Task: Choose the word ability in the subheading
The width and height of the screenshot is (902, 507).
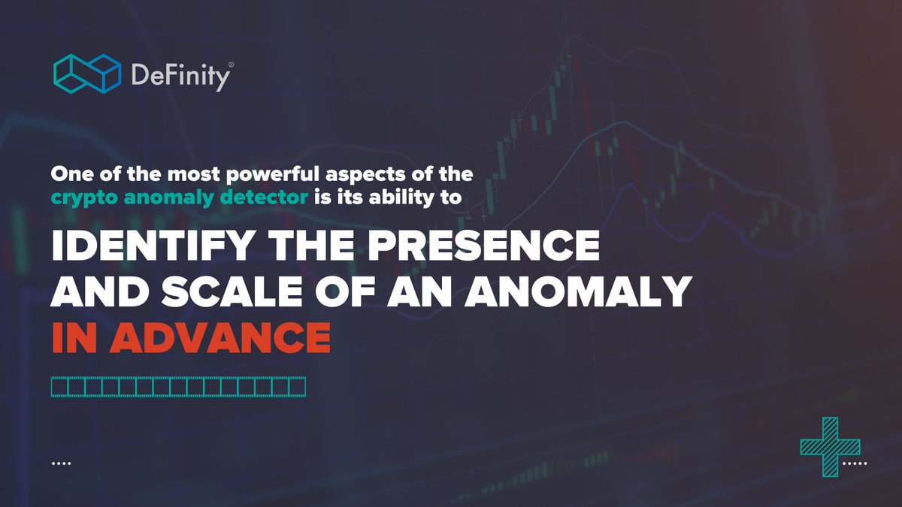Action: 407,198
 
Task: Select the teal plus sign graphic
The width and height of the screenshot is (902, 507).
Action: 830,447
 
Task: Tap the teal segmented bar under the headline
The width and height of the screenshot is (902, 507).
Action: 178,387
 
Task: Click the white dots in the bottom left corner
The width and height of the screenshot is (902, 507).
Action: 61,463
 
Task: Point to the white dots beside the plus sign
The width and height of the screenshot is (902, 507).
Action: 855,463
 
